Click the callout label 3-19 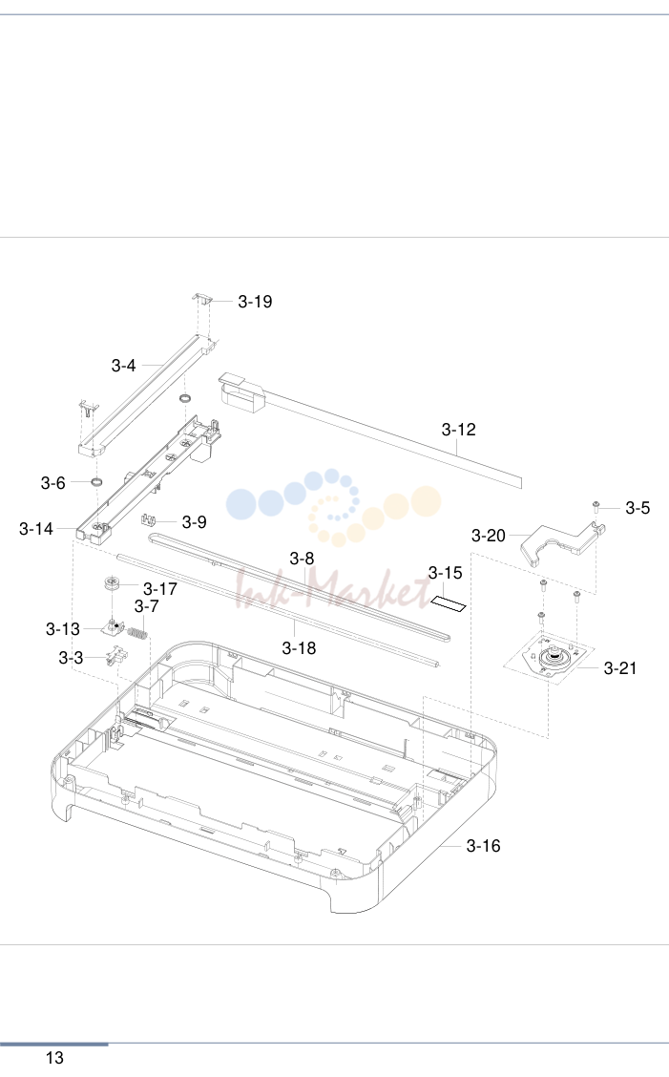coord(255,302)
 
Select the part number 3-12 coord(458,430)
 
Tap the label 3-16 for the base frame coord(483,846)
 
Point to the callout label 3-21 coord(619,667)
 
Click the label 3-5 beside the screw coord(637,508)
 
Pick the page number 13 coord(54,1058)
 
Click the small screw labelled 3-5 coord(596,507)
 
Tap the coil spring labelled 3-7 coord(137,631)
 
